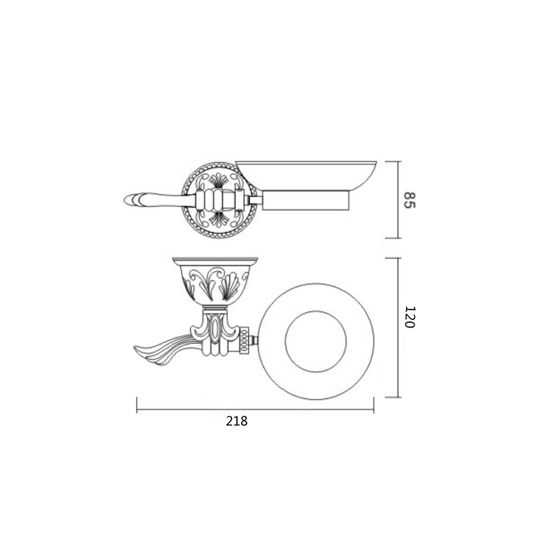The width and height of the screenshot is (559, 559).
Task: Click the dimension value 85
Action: point(410,201)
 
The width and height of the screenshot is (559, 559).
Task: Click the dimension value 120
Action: point(410,317)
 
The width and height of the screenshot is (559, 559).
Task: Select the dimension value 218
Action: point(236,421)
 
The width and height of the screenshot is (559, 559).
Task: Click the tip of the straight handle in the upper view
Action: point(124,200)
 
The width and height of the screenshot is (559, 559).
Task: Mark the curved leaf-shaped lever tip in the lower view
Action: point(135,347)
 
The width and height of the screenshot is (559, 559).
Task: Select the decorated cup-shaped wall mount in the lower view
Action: point(215,282)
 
